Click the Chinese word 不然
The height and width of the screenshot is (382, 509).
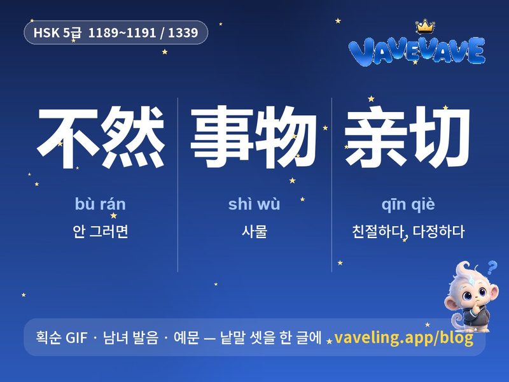[101, 137]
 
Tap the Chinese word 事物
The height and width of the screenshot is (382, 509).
[253, 137]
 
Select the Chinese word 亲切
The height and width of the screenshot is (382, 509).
[407, 137]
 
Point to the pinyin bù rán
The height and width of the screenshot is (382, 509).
[101, 204]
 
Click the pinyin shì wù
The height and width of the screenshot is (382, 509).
[254, 204]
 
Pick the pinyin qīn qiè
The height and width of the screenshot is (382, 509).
[408, 204]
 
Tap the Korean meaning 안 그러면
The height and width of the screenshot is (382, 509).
[101, 231]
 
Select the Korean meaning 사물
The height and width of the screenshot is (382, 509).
[254, 231]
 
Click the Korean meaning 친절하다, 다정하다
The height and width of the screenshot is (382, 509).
[408, 232]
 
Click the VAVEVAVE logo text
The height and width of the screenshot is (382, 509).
[417, 51]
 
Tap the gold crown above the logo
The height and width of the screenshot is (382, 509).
[425, 26]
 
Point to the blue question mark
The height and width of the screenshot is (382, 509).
[492, 267]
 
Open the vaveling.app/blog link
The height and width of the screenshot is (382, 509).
[403, 338]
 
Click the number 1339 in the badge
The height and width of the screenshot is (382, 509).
[183, 32]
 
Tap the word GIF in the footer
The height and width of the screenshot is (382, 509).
[76, 337]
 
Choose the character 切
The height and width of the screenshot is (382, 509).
[440, 137]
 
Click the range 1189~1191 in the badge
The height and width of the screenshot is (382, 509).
[122, 32]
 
